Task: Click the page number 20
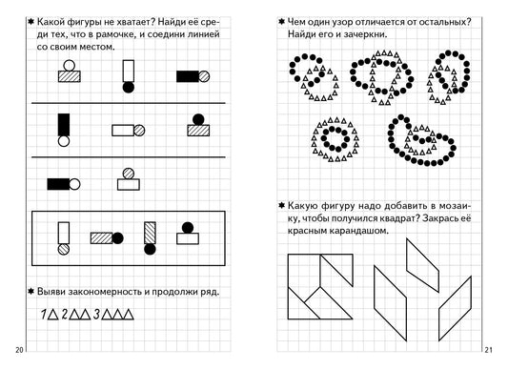[19, 350]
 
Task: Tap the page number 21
[489, 350]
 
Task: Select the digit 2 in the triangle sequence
[65, 314]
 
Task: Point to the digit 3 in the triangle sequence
[96, 314]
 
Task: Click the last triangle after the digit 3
[128, 315]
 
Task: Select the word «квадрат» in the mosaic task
[392, 218]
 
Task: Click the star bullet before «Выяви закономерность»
[31, 291]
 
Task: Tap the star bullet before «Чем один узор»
[281, 22]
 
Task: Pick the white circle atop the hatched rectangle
[70, 66]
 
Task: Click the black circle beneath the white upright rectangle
[129, 87]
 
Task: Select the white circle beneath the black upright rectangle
[64, 141]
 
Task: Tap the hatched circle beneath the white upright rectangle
[64, 249]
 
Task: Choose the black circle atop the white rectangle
[188, 228]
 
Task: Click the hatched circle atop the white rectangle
[129, 174]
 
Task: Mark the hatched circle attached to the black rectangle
[204, 76]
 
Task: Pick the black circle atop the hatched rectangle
[198, 119]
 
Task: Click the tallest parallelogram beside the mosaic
[391, 303]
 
